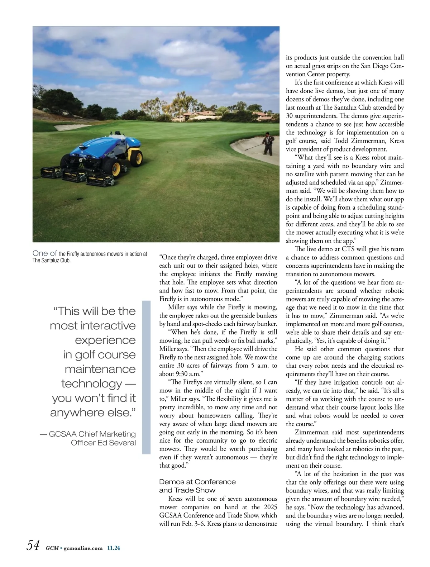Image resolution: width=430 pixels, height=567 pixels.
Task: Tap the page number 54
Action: click(33, 545)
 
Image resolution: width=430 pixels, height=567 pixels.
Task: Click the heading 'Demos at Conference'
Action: click(197, 482)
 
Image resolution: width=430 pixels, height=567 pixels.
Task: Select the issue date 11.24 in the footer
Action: click(114, 548)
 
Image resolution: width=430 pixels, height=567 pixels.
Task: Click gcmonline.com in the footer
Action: click(83, 548)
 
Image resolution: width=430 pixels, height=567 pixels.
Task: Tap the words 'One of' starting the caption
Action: click(45, 253)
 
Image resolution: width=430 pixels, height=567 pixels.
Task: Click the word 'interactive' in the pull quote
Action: click(93, 325)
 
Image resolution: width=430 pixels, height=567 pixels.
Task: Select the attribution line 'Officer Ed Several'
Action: click(103, 443)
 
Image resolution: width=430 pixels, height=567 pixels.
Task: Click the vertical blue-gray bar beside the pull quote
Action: click(146, 377)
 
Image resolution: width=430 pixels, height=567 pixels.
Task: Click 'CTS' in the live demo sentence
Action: click(349, 249)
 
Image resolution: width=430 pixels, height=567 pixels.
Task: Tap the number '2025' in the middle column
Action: click(271, 507)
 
